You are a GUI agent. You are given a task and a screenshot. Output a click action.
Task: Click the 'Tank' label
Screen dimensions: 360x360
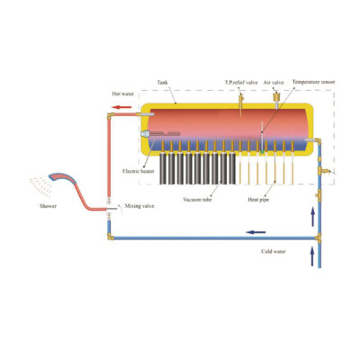(162, 83)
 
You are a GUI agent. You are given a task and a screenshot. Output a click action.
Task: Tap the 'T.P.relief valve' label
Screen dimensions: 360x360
(241, 83)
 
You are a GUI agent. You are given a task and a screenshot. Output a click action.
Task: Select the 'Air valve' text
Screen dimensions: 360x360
(274, 83)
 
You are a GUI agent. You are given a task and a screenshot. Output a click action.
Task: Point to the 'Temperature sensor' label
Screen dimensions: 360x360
(313, 82)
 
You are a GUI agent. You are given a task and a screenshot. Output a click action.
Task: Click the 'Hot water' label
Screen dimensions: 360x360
(123, 94)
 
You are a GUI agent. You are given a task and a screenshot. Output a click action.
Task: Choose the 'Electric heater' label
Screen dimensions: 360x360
(139, 171)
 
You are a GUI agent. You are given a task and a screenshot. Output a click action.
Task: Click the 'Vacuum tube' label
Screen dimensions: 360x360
(197, 200)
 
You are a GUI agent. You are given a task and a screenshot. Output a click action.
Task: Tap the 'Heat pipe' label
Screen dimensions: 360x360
(258, 200)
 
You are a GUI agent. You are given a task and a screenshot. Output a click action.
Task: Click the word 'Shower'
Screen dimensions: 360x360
(48, 206)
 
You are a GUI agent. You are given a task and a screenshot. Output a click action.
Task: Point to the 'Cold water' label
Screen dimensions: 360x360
(274, 251)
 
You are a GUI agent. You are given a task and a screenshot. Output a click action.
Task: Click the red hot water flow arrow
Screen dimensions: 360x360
(121, 107)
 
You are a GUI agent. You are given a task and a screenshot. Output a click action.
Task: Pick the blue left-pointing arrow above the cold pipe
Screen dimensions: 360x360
(256, 232)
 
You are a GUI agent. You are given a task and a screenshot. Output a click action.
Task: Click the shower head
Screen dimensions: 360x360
(62, 177)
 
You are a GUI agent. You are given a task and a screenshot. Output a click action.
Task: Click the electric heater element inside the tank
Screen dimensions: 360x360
(160, 133)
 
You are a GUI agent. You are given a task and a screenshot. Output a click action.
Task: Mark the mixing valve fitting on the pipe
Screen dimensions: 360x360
(109, 209)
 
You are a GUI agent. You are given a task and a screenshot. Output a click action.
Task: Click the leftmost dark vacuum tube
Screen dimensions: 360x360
(163, 168)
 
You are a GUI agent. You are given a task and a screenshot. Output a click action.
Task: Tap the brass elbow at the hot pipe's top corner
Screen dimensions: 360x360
(110, 115)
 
